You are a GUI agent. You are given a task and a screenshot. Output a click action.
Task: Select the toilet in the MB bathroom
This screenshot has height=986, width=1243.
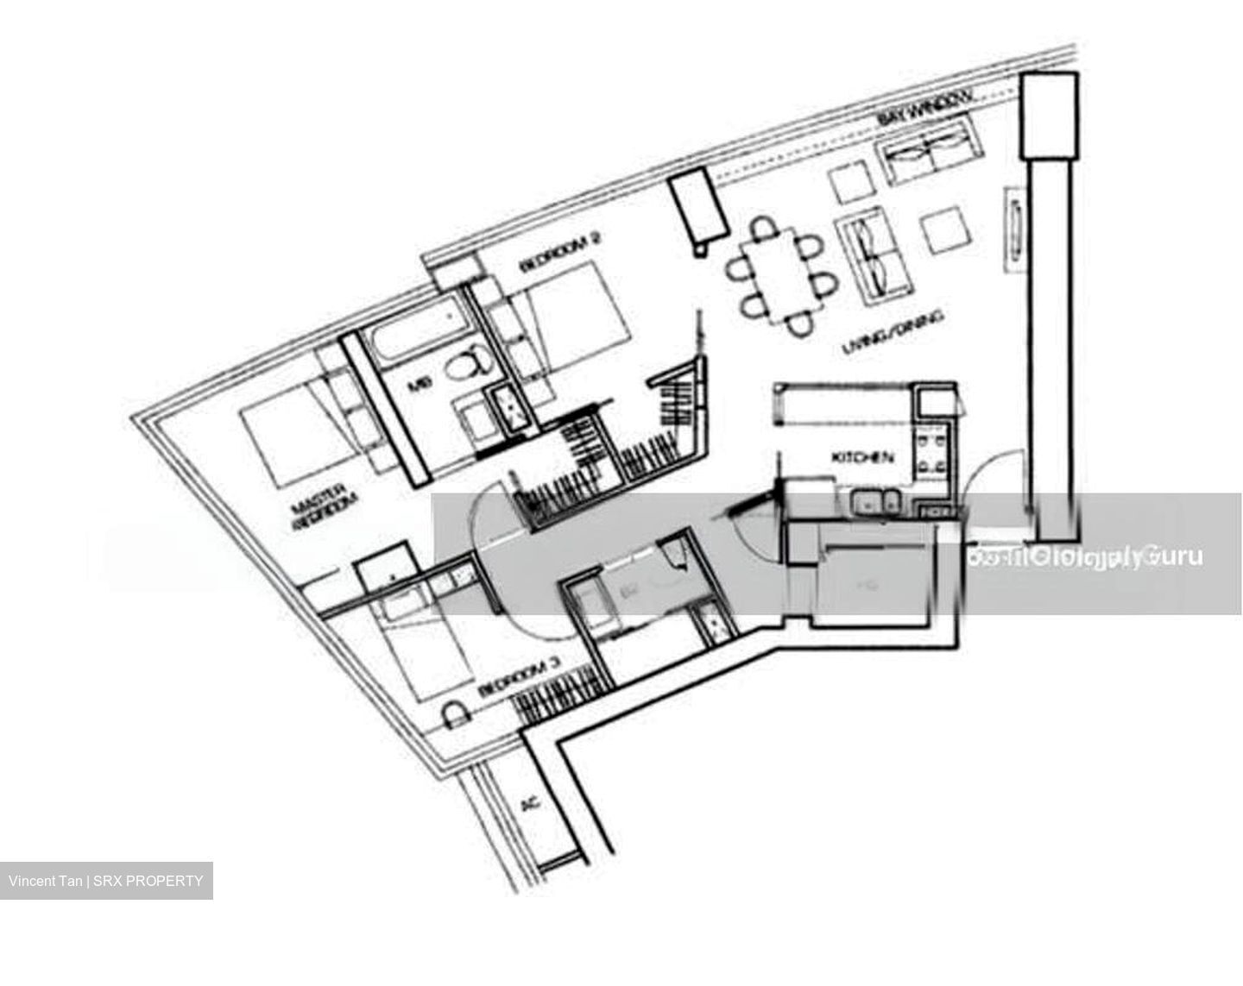click(463, 366)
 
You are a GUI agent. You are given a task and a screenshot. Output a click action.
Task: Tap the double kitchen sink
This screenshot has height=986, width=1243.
click(874, 502)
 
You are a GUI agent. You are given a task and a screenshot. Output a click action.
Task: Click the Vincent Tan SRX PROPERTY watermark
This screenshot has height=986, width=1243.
click(106, 881)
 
